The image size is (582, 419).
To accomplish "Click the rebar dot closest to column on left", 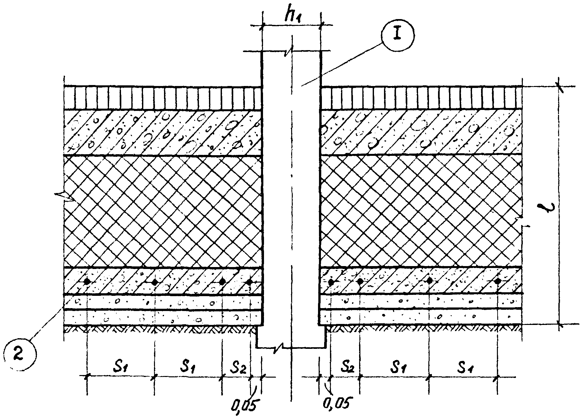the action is coord(249,282).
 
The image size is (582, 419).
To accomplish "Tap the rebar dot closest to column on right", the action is coord(331,282).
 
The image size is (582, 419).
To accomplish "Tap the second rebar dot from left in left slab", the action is coord(155,282).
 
